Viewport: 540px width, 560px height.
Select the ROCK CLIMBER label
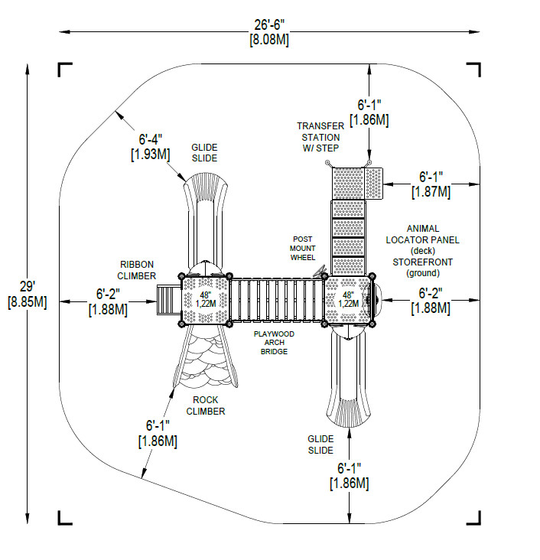click(x=205, y=405)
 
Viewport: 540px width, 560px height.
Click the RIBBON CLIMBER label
click(x=138, y=269)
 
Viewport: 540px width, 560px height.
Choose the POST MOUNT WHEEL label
click(x=302, y=248)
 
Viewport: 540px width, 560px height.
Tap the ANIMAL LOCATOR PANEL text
click(x=433, y=233)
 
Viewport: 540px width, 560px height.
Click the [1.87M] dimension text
click(x=431, y=192)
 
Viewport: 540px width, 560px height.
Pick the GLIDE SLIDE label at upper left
click(x=204, y=152)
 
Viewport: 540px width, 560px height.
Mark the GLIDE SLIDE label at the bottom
click(x=320, y=444)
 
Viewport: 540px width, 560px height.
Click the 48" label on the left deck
click(x=205, y=295)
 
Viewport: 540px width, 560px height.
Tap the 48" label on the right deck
click(x=349, y=295)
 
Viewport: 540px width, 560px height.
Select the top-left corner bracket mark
click(x=64, y=70)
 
